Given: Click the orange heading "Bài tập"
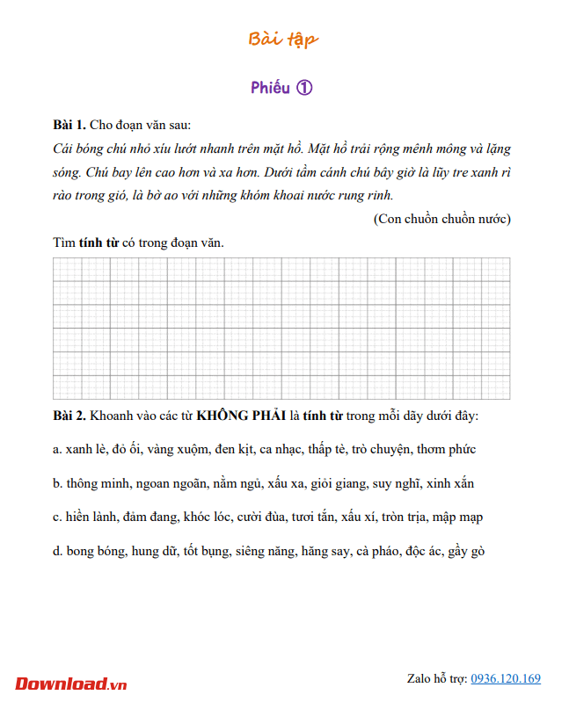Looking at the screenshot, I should [x=283, y=39].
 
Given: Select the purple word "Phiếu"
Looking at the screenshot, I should [x=270, y=88].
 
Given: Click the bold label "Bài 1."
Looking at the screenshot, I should [x=69, y=126].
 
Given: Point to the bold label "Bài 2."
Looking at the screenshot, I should [x=69, y=415].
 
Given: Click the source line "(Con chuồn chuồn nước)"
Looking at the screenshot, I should [x=441, y=219].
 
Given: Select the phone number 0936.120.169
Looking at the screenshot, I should [x=506, y=678].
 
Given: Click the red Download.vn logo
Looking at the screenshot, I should [x=71, y=683].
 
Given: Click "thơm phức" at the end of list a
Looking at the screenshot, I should [x=447, y=449].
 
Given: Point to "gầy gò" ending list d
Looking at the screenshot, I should [x=466, y=552].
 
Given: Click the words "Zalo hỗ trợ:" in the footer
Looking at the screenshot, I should [x=437, y=678].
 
